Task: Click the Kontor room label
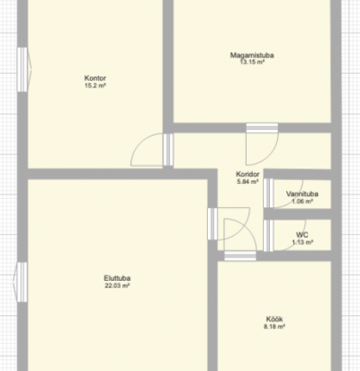pos(95,78)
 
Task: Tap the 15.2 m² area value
pos(95,86)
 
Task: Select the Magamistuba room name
pos(252,55)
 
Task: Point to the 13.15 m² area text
pos(252,62)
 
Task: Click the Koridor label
pos(247,174)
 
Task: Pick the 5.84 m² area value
pos(247,182)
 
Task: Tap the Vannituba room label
pos(302,194)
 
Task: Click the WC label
pos(302,235)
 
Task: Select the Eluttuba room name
pos(117,278)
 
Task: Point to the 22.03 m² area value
pos(117,285)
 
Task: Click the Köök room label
pos(274,319)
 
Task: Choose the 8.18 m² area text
pos(274,327)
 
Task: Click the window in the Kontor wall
pos(23,69)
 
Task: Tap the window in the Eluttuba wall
pos(21,282)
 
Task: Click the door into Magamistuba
pos(262,144)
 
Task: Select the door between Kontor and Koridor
pos(152,149)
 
